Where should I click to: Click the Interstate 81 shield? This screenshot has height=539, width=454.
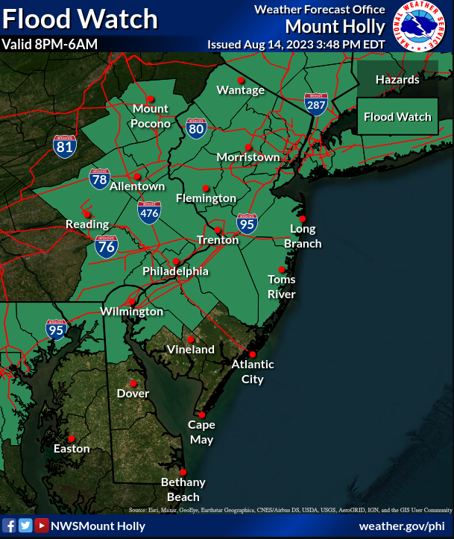(65, 145)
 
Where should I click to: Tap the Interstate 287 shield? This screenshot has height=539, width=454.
(315, 104)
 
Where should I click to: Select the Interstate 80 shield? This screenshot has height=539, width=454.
(196, 128)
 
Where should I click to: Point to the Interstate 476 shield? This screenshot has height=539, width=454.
(149, 212)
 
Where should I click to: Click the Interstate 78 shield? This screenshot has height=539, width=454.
(99, 178)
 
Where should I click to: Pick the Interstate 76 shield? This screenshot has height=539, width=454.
(106, 247)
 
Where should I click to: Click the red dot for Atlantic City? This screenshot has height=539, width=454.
(253, 355)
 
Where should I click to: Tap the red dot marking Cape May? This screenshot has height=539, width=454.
(201, 415)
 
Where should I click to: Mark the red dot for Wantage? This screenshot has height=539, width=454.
(241, 80)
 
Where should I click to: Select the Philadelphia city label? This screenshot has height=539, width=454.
(175, 271)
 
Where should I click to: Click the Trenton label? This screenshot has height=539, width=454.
(217, 240)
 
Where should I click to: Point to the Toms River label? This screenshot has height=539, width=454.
(282, 286)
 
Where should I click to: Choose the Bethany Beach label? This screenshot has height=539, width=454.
(183, 490)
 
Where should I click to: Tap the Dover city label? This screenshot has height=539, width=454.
(133, 393)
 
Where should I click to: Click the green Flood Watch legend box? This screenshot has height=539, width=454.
(397, 116)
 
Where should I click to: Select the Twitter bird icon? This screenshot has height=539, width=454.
(25, 526)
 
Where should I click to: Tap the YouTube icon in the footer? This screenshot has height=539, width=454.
(41, 526)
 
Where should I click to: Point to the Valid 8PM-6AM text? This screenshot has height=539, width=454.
(50, 44)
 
